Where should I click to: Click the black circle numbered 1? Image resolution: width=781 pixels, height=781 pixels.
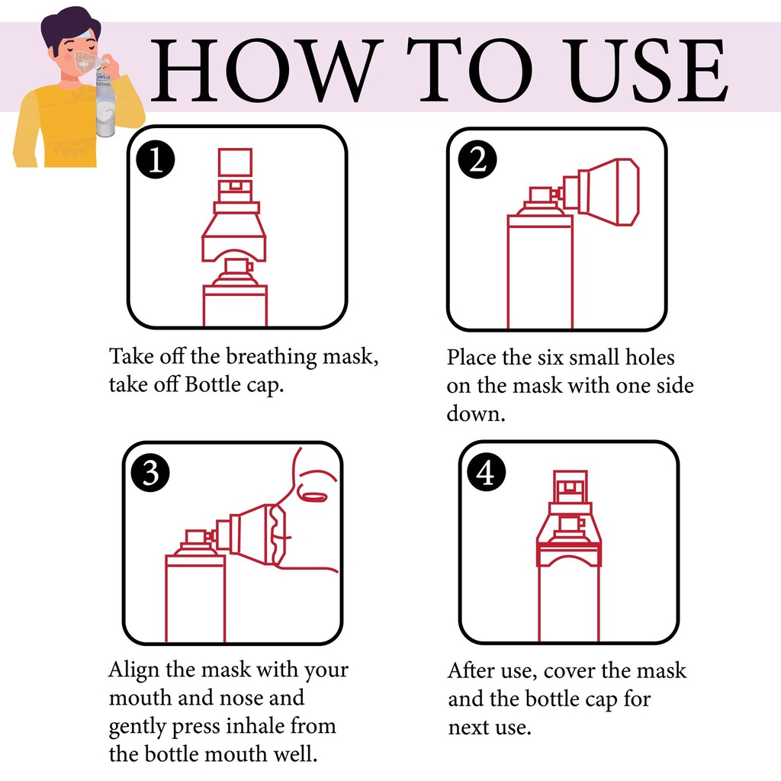pos(156,160)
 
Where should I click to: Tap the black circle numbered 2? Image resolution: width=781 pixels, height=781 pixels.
pos(477,159)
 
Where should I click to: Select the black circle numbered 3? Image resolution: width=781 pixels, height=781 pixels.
pos(150,472)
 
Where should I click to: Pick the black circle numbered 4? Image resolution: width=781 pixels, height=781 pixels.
pos(487,471)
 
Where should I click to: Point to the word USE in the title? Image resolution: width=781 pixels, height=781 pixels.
pos(647,70)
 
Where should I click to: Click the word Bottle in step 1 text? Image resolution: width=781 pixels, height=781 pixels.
pos(213,384)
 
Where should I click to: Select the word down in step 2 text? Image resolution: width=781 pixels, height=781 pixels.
pos(476,413)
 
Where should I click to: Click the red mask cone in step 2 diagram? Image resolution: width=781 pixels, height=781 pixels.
pos(608,191)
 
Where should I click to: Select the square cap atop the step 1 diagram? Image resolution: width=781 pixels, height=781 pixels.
pos(235,162)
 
